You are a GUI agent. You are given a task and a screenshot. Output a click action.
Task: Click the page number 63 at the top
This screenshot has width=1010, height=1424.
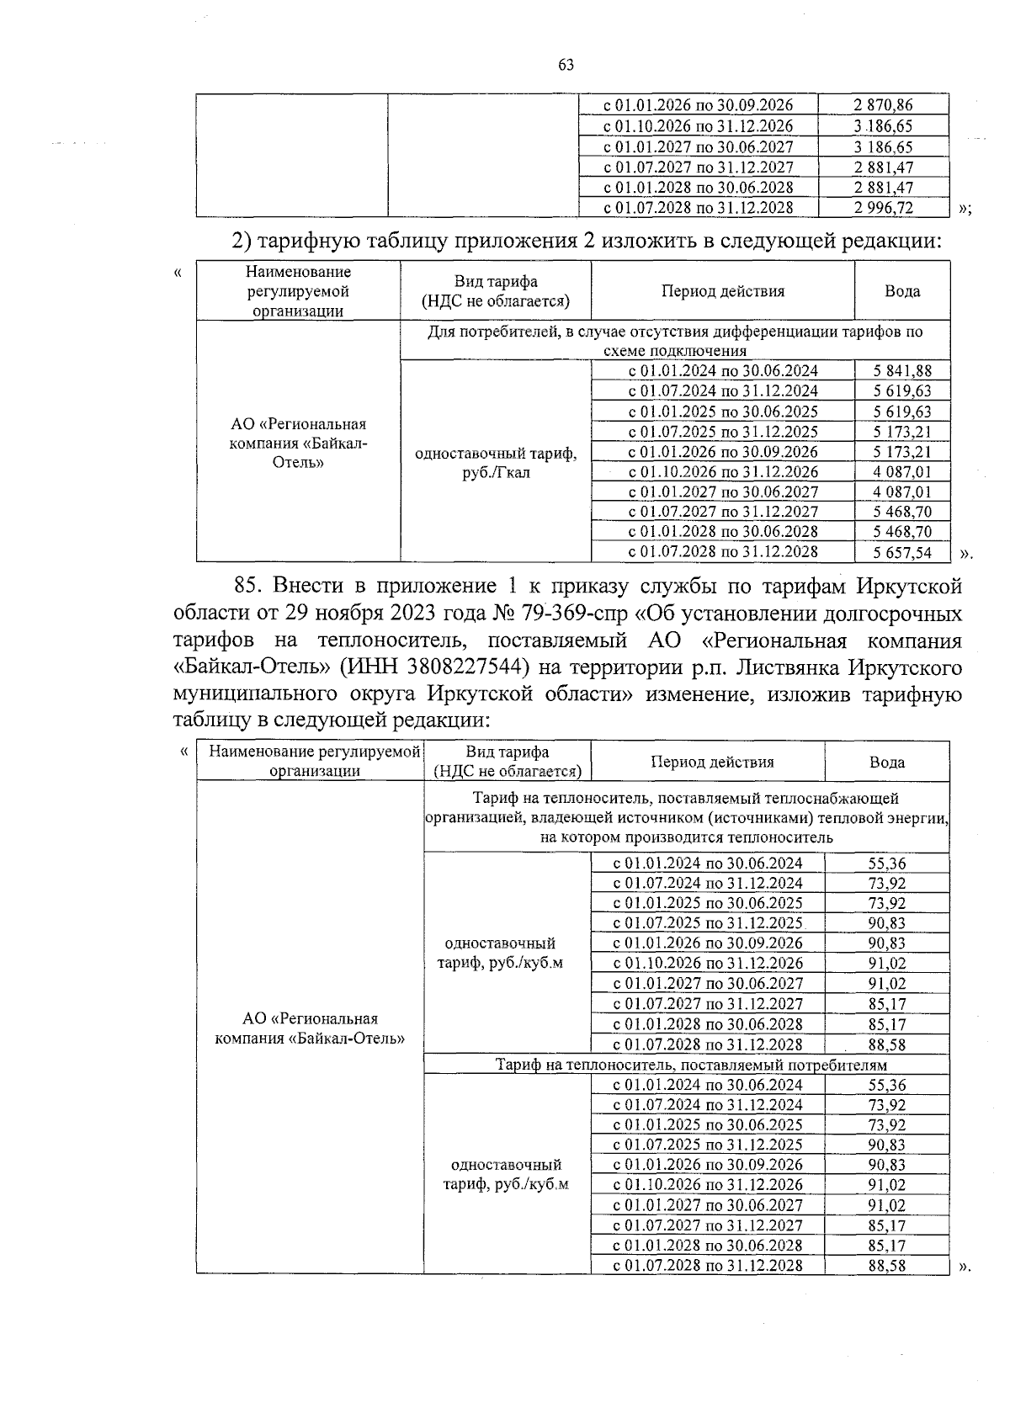click(x=566, y=65)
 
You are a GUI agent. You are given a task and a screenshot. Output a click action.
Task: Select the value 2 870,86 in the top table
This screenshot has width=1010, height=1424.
click(x=882, y=105)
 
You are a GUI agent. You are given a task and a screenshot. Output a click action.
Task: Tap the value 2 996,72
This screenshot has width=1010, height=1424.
click(x=882, y=207)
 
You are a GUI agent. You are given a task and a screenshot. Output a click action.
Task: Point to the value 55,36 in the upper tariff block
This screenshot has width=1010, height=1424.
click(x=887, y=863)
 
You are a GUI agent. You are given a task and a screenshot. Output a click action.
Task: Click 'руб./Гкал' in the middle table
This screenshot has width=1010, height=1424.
click(x=497, y=472)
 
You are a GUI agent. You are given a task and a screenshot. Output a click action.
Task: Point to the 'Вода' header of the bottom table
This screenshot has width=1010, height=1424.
click(x=886, y=762)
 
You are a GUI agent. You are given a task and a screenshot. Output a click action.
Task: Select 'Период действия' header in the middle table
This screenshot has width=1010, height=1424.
click(x=722, y=291)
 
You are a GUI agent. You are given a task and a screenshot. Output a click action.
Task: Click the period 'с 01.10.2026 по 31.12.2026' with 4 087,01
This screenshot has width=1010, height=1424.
click(x=723, y=471)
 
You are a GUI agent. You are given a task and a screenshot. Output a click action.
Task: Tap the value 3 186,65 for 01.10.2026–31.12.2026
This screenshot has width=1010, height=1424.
click(x=882, y=126)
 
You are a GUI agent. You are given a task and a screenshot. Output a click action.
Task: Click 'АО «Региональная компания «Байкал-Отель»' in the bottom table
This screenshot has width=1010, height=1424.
click(x=310, y=1028)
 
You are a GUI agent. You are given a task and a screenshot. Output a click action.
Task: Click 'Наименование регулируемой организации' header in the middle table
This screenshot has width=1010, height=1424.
click(x=298, y=291)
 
